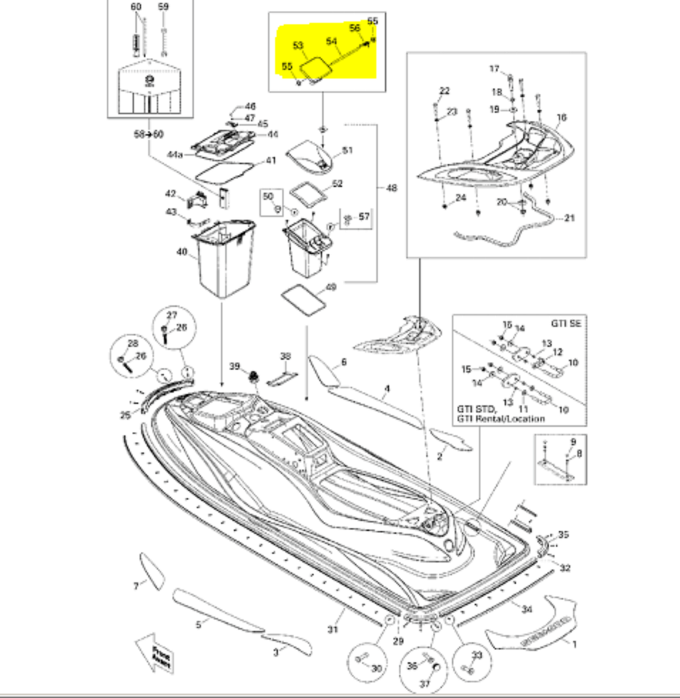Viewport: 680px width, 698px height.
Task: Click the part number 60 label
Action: point(136,7)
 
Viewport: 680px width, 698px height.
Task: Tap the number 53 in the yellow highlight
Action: point(298,47)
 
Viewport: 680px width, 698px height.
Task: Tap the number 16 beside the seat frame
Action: point(561,117)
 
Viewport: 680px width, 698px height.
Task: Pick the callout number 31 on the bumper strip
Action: point(333,629)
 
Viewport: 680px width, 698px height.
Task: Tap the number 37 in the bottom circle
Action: point(424,684)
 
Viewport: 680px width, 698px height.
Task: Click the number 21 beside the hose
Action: point(569,217)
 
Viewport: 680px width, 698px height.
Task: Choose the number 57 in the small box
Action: point(364,216)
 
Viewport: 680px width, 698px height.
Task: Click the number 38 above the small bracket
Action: point(285,356)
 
